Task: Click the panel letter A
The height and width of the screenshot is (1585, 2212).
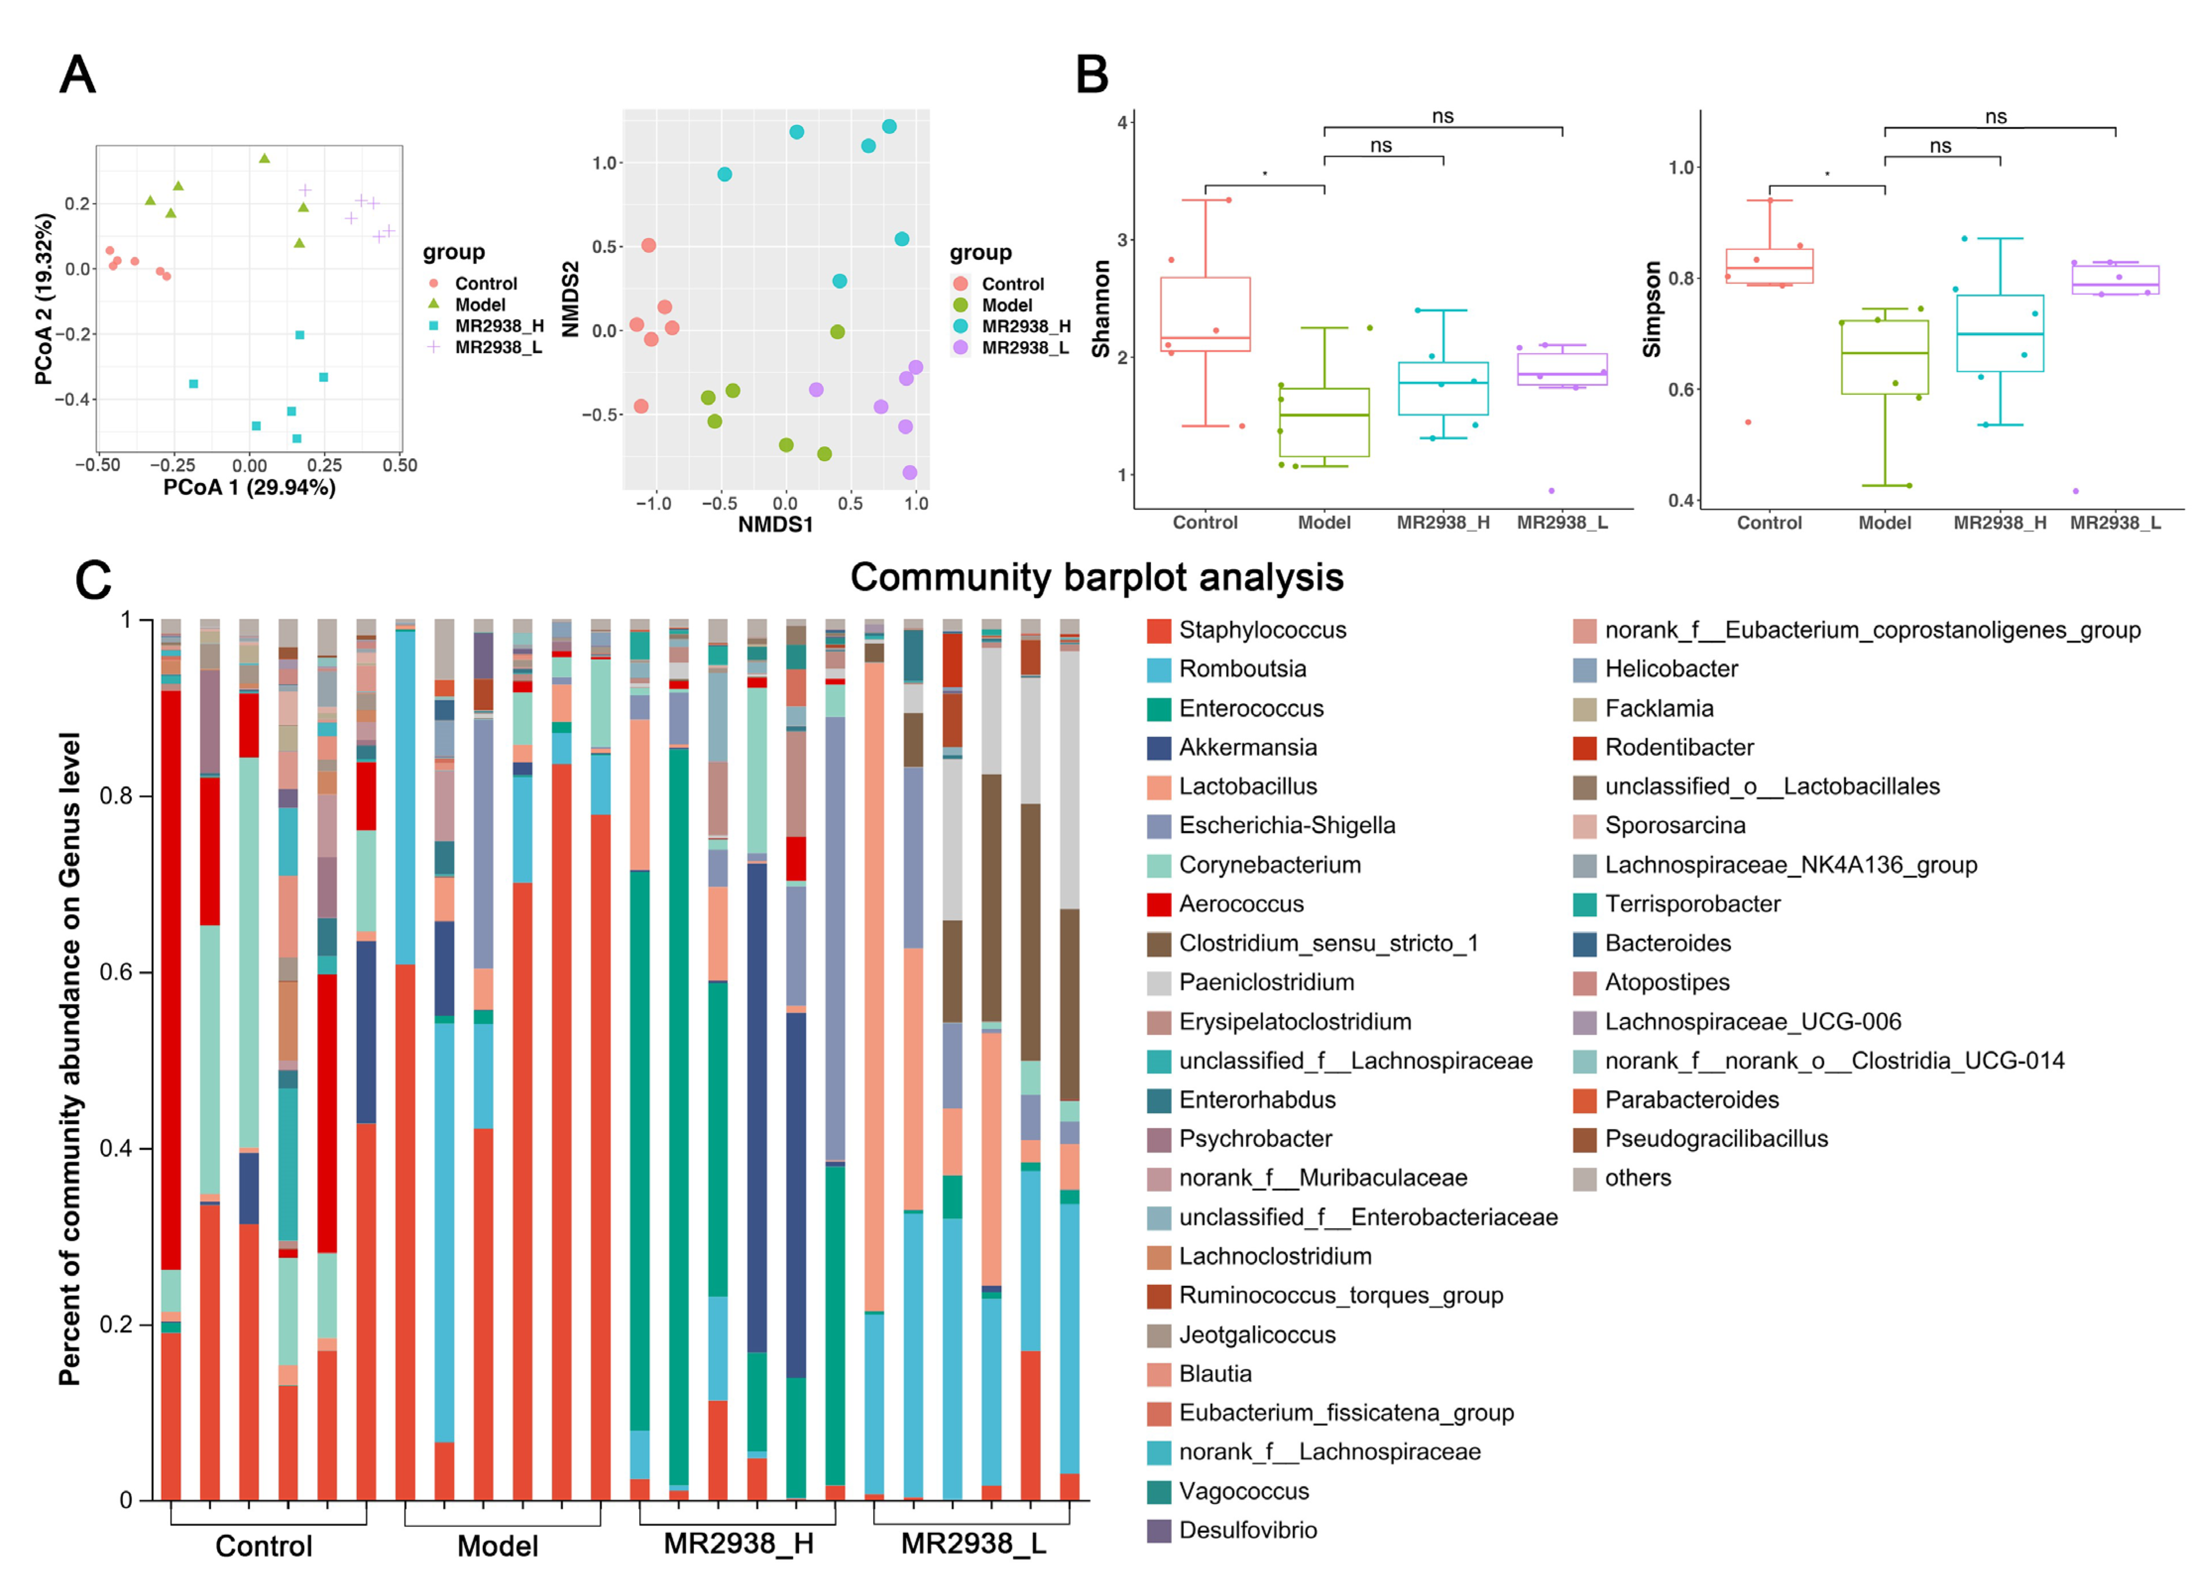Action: point(78,74)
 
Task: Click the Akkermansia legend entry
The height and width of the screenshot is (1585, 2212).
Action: point(1246,747)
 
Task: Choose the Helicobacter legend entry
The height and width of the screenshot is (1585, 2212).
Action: point(1671,669)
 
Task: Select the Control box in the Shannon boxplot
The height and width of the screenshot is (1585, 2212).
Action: point(1206,314)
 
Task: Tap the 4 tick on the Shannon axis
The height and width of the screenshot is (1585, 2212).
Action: point(1122,122)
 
